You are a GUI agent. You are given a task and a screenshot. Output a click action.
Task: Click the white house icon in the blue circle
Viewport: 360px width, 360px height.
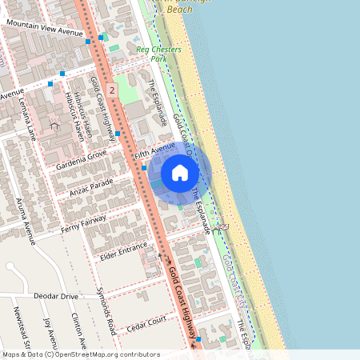pos(180,173)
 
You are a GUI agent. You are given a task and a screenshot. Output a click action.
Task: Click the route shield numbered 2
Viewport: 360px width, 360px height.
pos(112,92)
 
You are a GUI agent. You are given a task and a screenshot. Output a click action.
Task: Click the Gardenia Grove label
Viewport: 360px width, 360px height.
pos(81,159)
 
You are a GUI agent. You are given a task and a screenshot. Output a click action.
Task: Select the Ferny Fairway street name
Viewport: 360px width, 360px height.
pos(83,225)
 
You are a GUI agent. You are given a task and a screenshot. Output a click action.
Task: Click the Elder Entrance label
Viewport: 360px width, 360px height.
pos(123,250)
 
